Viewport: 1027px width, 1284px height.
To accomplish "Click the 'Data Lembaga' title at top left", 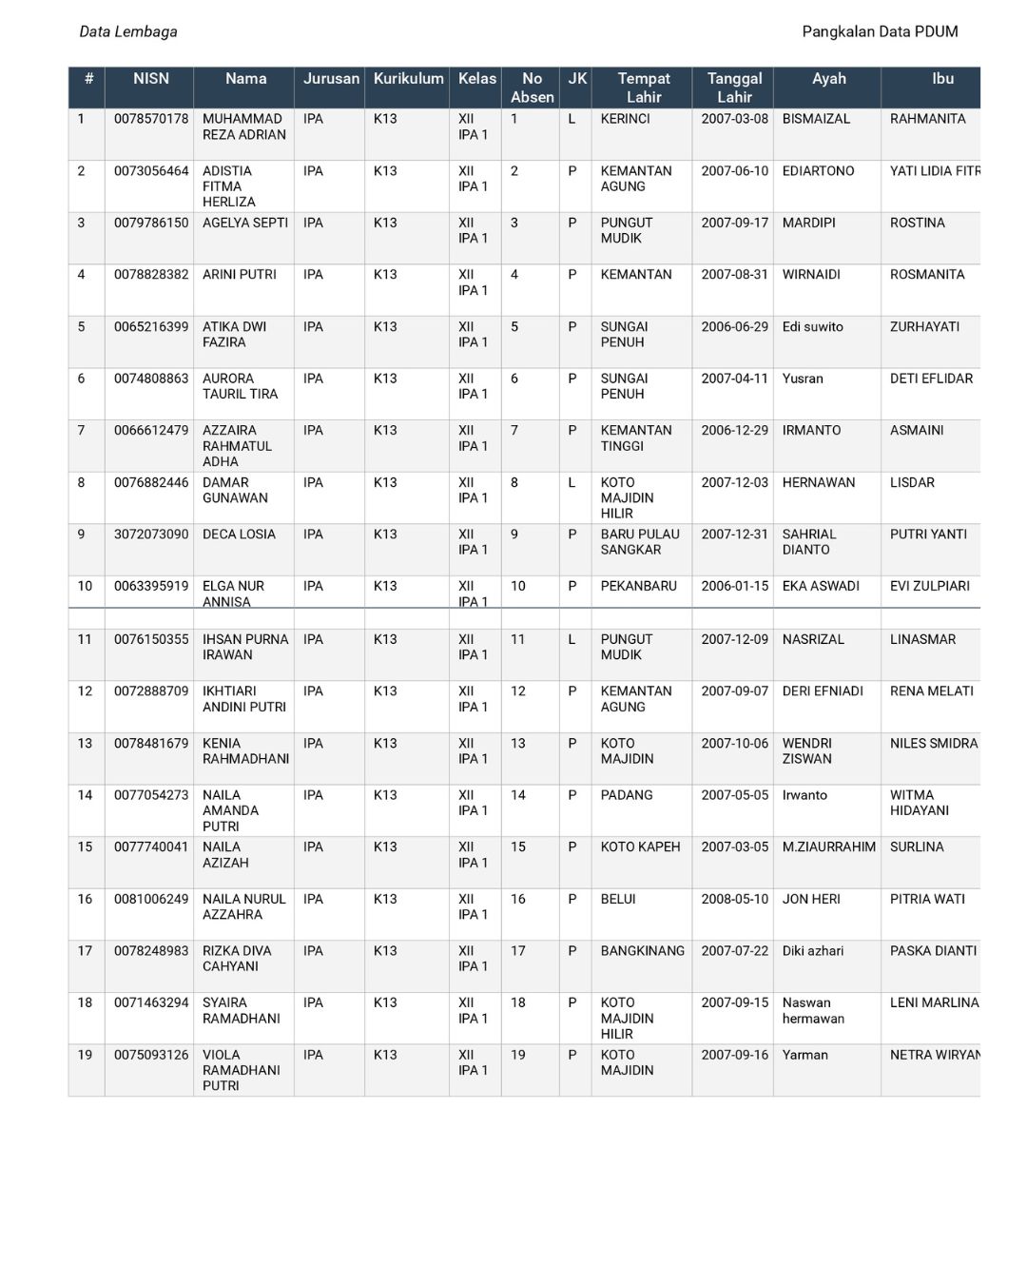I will click(x=128, y=31).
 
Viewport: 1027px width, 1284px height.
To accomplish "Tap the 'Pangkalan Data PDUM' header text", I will click(x=880, y=31).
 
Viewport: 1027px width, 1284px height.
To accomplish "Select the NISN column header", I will click(x=150, y=79).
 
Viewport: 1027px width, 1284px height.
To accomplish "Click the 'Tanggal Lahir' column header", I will click(x=734, y=88).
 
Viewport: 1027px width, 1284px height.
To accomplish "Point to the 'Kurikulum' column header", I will click(x=408, y=79).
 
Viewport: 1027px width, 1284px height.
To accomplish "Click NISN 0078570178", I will click(x=151, y=119).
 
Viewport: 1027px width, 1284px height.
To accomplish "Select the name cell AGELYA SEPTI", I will click(x=245, y=223).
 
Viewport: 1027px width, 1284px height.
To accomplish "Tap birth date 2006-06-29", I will click(x=734, y=326).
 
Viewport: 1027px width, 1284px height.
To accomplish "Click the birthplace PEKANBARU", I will click(x=638, y=586).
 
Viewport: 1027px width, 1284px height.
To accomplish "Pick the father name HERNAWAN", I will click(x=819, y=482).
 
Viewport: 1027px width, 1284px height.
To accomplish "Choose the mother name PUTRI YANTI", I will click(x=928, y=535).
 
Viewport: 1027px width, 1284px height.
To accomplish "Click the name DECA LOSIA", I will click(x=239, y=535).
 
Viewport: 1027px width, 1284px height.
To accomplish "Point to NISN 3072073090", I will click(x=151, y=535).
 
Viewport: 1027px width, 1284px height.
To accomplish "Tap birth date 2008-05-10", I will click(x=734, y=899).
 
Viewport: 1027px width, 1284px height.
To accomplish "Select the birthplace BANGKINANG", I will click(x=642, y=951).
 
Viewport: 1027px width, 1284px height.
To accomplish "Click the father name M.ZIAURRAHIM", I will click(x=828, y=846).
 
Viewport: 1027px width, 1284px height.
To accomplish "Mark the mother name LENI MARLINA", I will click(x=934, y=1002).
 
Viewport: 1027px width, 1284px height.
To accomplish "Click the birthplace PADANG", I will click(x=627, y=795).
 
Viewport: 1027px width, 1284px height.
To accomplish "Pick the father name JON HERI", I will click(x=811, y=899).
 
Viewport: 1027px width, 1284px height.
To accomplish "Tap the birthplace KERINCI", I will click(x=625, y=119).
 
